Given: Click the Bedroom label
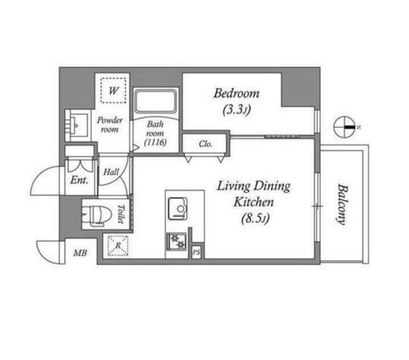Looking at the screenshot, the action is click(x=237, y=94).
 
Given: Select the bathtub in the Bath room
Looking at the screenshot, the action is click(x=156, y=102).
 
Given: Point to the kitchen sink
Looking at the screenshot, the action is click(x=177, y=208).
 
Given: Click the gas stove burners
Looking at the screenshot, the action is click(x=177, y=241).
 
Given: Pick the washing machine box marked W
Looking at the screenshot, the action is click(x=114, y=90).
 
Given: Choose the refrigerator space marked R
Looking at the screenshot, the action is click(x=118, y=245).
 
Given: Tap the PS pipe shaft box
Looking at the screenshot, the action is click(x=197, y=252).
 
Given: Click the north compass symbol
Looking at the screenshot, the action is click(x=345, y=127).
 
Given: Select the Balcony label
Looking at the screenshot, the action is click(x=342, y=204).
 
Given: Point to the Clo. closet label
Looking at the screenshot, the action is click(x=205, y=144).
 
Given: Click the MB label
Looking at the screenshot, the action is click(x=80, y=253).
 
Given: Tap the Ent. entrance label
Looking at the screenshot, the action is click(x=79, y=180).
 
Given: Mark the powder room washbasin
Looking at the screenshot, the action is click(x=77, y=125).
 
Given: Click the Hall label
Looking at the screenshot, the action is click(x=111, y=172).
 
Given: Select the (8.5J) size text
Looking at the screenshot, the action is click(x=255, y=218).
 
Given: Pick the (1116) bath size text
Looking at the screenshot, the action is click(x=155, y=142).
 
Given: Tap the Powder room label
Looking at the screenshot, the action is click(x=109, y=125).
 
